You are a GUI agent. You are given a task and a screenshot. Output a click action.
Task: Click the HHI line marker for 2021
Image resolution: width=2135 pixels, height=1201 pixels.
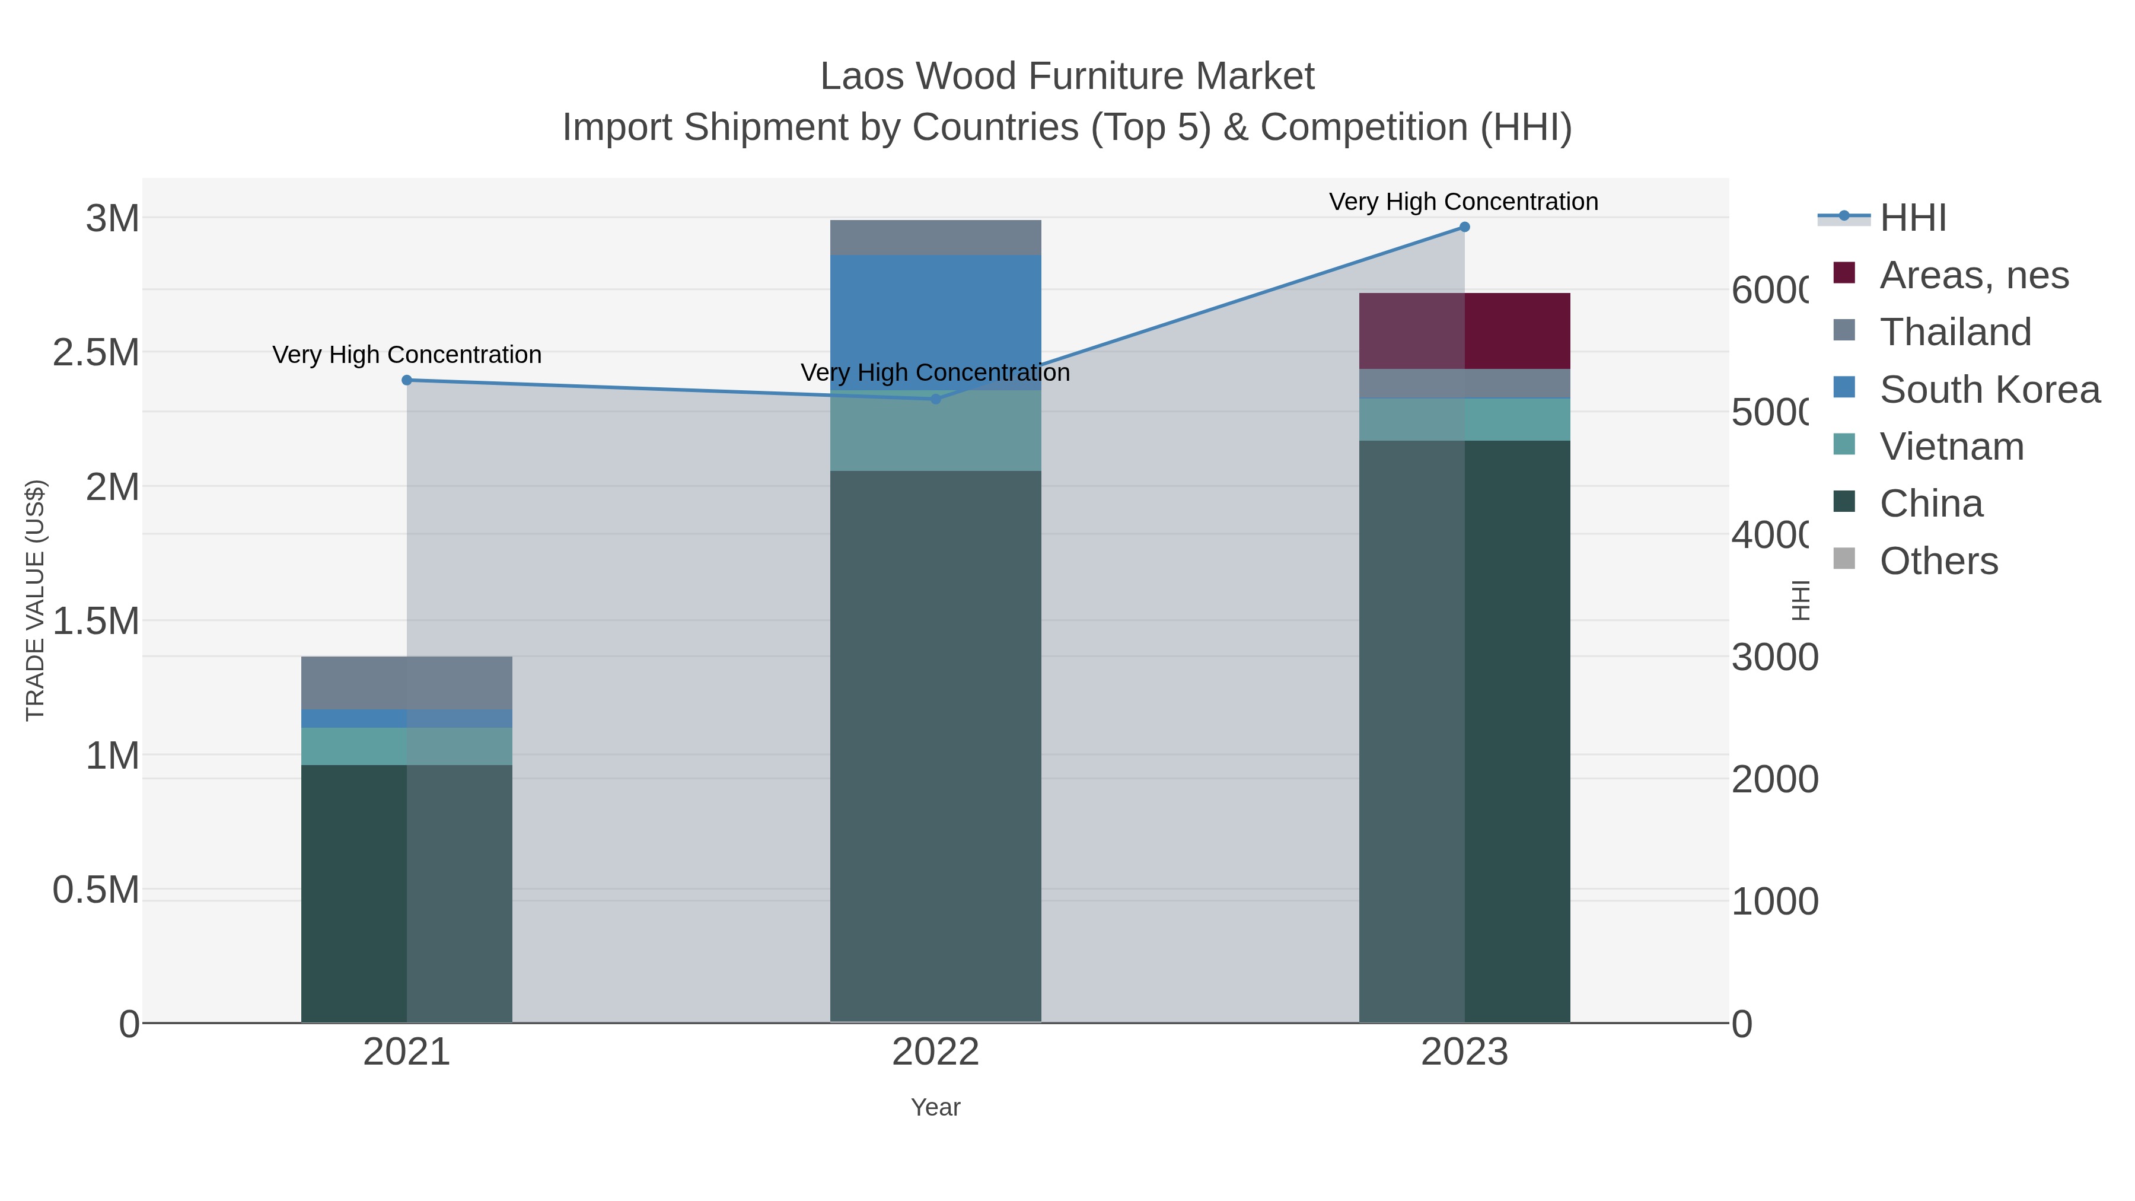[x=406, y=380]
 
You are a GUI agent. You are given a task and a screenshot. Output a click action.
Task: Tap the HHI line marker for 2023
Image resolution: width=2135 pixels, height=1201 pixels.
[x=1464, y=227]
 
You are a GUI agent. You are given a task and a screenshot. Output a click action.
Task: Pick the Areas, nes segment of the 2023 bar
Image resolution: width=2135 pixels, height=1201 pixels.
[x=1464, y=331]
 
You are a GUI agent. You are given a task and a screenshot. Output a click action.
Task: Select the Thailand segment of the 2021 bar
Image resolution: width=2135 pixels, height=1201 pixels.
[x=406, y=682]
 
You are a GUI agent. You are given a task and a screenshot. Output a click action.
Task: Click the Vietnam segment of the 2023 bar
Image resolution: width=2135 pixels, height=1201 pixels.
[x=1464, y=419]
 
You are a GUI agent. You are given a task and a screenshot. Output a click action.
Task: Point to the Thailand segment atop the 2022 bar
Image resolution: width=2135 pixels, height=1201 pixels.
[x=936, y=237]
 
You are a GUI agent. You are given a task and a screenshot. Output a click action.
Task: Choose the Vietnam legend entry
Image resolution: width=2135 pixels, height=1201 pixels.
[x=1951, y=447]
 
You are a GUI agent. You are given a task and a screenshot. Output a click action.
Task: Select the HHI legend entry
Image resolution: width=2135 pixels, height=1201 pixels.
[x=1912, y=218]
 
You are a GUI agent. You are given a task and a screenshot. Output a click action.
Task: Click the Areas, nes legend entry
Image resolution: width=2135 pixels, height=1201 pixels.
[x=1973, y=275]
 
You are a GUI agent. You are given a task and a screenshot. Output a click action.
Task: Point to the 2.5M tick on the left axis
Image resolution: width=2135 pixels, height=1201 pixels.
[x=96, y=353]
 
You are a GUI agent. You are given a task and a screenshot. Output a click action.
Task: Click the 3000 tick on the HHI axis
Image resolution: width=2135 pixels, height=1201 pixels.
[x=1774, y=657]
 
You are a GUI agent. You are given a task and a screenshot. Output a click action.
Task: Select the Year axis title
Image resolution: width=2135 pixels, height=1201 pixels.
[x=936, y=1107]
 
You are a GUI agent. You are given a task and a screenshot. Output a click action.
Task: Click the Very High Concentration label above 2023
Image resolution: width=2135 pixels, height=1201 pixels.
[x=1464, y=202]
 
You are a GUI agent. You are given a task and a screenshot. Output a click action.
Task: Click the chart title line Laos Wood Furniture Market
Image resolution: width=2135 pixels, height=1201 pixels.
[x=1067, y=77]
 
